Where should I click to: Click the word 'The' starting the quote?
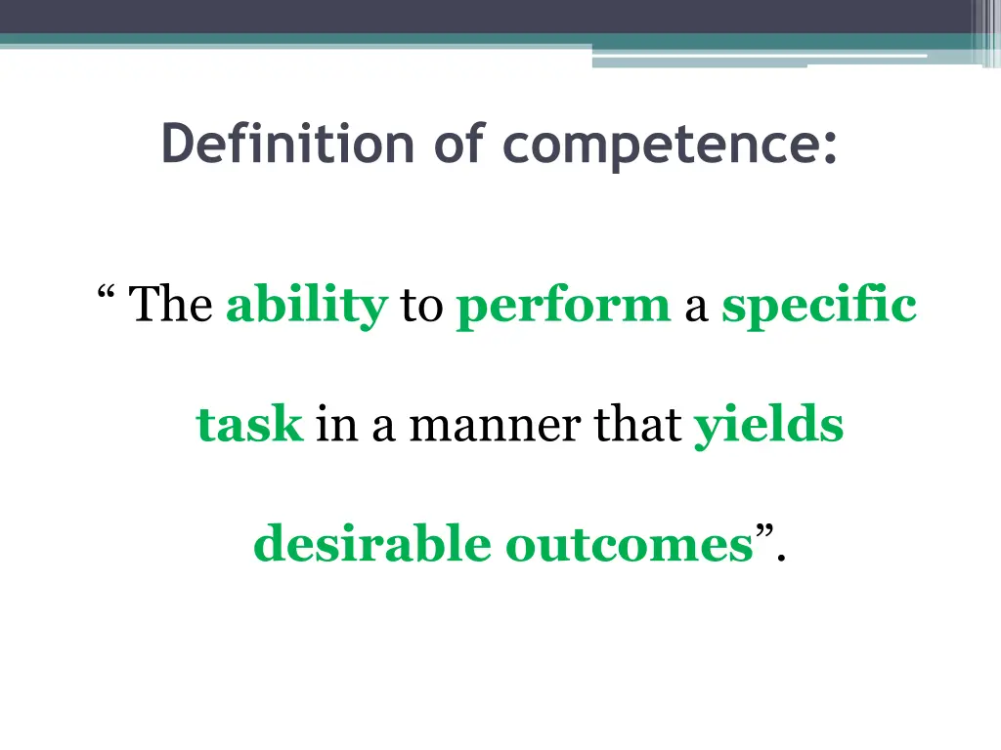pyautogui.click(x=171, y=305)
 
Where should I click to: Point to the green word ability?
pyautogui.click(x=307, y=307)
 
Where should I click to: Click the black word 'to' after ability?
pyautogui.click(x=421, y=307)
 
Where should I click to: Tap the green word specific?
pyautogui.click(x=819, y=307)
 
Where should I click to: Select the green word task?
pyautogui.click(x=249, y=425)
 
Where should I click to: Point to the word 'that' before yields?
pyautogui.click(x=634, y=425)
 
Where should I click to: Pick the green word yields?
pyautogui.click(x=768, y=427)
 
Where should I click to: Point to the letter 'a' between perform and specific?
pyautogui.click(x=695, y=309)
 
